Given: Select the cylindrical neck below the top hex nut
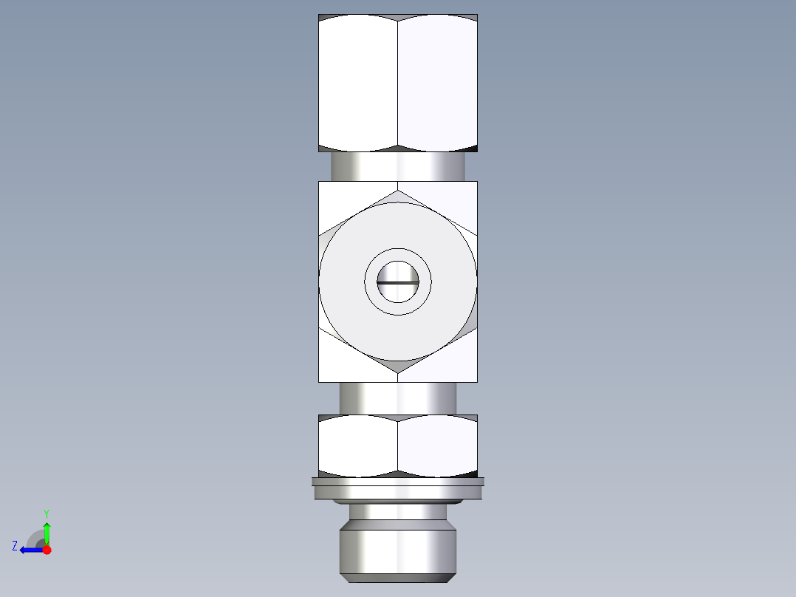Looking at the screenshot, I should click(x=398, y=166).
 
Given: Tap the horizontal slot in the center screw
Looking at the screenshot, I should click(x=398, y=282).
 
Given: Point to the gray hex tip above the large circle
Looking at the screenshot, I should click(x=398, y=197).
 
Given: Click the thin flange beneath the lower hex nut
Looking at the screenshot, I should click(x=398, y=488).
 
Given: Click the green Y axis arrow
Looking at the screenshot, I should click(x=47, y=532).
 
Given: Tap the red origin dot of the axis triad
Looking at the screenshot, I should click(x=47, y=550).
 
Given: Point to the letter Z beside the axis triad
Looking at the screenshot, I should click(x=15, y=546).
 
